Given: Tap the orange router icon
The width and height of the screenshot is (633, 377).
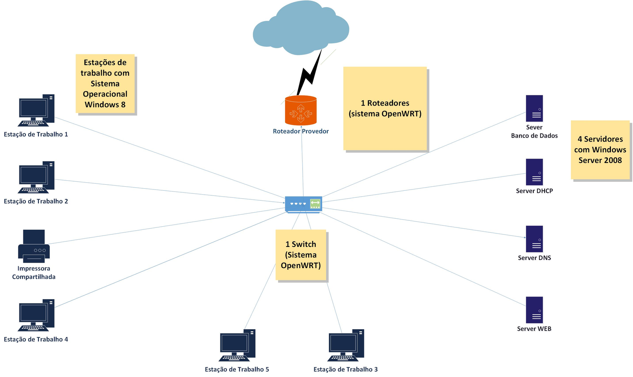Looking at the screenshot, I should coord(301,110).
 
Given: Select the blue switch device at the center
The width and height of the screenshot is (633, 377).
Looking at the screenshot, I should coord(303,204).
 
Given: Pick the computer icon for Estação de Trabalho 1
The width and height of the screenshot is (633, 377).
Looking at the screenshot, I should coord(36,110).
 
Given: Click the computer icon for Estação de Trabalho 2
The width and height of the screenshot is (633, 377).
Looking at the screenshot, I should coord(36,177).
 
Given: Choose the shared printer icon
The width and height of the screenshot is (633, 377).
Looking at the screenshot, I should coord(34,246).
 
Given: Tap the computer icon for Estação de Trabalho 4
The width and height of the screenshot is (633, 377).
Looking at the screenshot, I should coord(36,315).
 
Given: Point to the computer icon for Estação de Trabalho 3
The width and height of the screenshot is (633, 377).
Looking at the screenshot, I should coord(346,345).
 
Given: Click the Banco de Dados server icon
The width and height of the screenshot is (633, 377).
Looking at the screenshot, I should coord(534,108).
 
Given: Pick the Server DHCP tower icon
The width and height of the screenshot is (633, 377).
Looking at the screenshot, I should coord(534,172).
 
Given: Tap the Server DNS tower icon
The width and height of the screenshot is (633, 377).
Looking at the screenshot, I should coord(534,239).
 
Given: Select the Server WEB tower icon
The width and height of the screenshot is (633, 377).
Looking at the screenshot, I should coord(534,310).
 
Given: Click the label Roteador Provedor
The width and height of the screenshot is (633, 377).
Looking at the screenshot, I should coord(301,131).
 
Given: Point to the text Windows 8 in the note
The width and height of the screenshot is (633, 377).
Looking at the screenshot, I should coord(105,105).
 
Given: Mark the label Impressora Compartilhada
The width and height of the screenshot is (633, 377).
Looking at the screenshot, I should coord(34,273).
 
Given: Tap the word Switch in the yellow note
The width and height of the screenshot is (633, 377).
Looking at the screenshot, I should coord(304,244).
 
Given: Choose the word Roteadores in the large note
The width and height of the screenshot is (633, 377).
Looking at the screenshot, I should coord(388,103).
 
